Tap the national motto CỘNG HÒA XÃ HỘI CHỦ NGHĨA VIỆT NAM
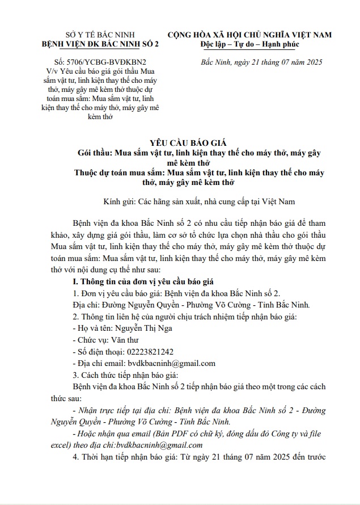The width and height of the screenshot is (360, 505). coord(253,34)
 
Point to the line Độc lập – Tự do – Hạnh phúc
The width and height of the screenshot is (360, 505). coord(253,44)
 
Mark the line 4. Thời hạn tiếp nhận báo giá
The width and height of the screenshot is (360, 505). coord(197,457)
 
